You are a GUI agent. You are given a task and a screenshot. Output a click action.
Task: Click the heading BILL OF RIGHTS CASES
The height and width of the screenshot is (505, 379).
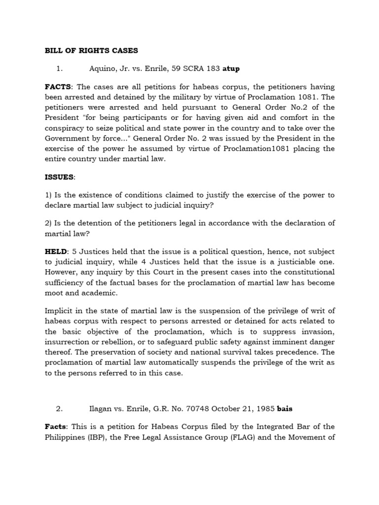(91, 50)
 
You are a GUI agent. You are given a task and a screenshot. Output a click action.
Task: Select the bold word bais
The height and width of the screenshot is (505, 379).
(286, 409)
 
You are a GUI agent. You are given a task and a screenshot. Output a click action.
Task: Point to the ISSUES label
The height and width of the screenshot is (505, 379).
(60, 177)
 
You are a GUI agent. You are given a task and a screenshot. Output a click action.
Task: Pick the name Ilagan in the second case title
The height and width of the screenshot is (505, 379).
(102, 409)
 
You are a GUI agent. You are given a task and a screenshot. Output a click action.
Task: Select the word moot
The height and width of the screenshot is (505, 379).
(55, 292)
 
